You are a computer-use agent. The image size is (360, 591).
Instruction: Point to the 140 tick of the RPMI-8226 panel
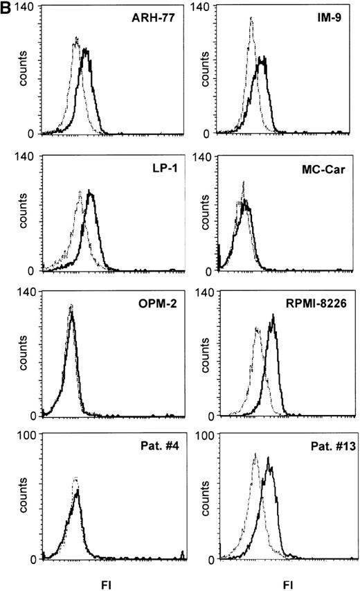pyautogui.click(x=204, y=293)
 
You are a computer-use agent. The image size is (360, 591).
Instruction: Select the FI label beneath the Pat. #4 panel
pyautogui.click(x=111, y=584)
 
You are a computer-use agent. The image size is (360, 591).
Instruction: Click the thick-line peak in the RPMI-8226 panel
pyautogui.click(x=273, y=316)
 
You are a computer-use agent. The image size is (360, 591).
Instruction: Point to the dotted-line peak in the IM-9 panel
pyautogui.click(x=251, y=19)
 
